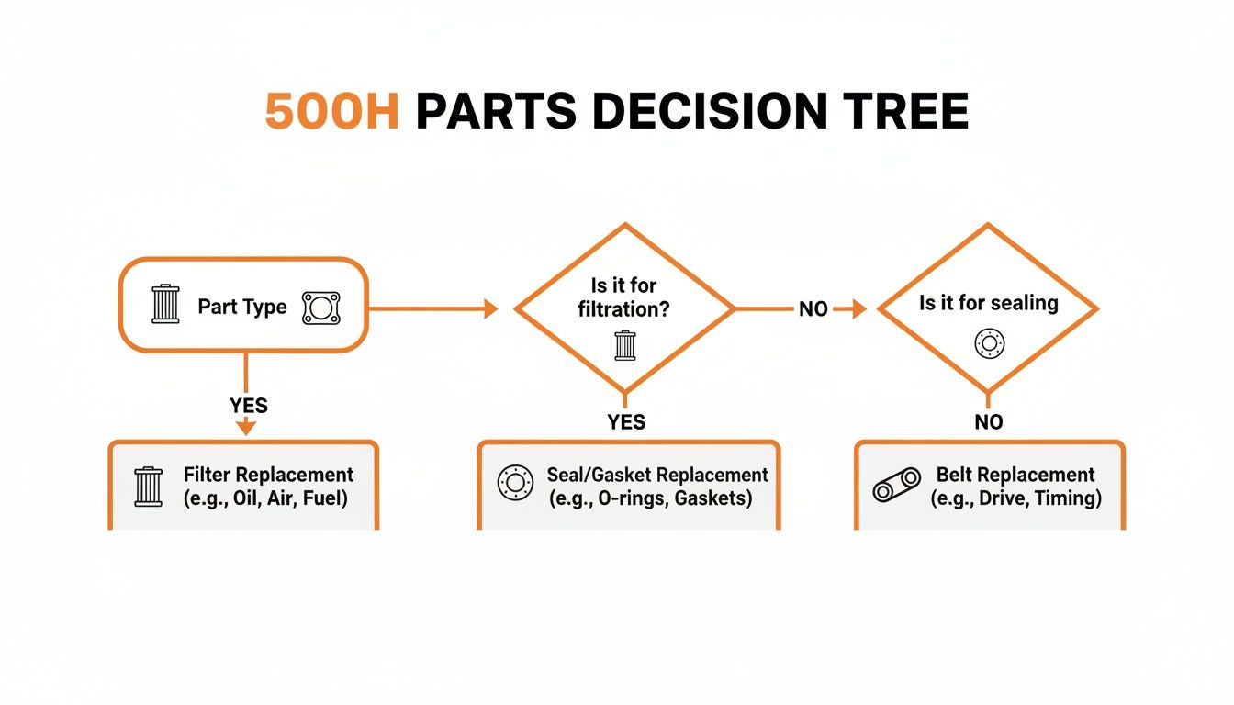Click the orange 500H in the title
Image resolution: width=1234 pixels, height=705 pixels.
[331, 111]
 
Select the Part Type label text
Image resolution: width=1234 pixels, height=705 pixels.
[242, 307]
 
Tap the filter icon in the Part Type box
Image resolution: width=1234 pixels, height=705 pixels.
[166, 305]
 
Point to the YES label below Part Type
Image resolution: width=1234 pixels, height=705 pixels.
[248, 405]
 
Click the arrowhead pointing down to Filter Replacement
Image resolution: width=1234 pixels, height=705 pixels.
[245, 427]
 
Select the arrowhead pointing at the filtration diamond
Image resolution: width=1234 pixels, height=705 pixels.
[488, 309]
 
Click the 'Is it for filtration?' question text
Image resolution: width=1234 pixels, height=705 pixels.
[623, 298]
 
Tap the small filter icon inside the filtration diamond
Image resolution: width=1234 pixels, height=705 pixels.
[624, 345]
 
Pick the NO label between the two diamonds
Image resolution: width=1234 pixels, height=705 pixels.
[813, 310]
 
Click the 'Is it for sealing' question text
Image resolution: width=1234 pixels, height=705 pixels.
[988, 303]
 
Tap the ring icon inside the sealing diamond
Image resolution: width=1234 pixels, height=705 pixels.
[989, 344]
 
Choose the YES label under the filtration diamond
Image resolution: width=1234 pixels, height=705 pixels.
[626, 422]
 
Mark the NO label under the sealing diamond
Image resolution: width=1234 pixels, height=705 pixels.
[989, 422]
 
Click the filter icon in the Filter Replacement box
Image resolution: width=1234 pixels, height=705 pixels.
[148, 486]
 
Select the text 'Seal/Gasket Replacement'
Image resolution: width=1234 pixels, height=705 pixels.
[657, 476]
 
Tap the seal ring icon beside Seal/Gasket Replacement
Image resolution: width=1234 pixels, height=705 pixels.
[515, 483]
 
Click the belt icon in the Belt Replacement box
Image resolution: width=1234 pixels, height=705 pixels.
[896, 485]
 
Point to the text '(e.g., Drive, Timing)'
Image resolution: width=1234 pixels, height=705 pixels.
[1015, 498]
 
